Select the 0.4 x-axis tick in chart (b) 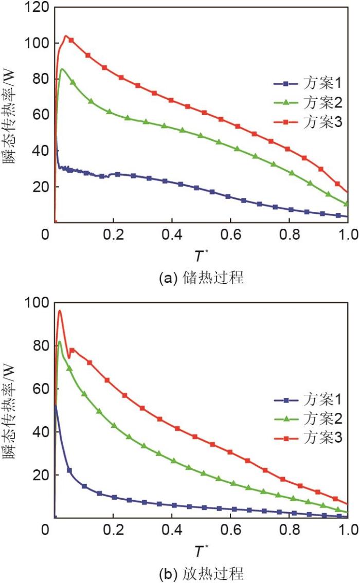(171, 529)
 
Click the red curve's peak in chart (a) (66, 36)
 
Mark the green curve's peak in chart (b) (60, 341)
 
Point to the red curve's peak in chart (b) (60, 311)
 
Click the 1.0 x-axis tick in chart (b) (348, 529)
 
